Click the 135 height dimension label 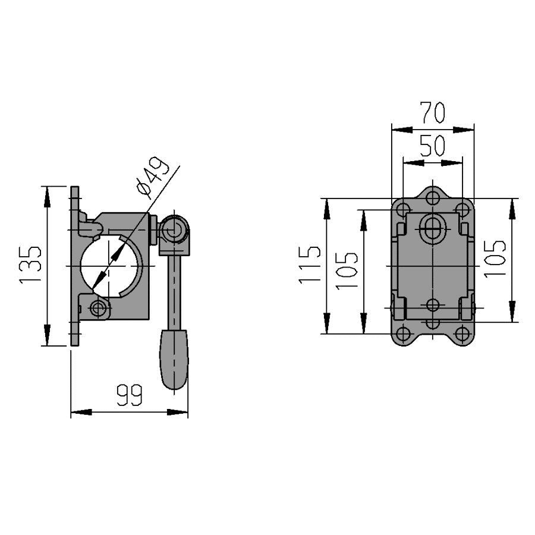click(30, 265)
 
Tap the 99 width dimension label click(130, 395)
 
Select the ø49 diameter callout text click(153, 177)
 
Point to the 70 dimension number click(433, 112)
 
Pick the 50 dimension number click(433, 146)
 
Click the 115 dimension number click(310, 265)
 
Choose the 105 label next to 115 click(347, 271)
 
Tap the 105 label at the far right click(495, 259)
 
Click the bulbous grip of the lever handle click(174, 360)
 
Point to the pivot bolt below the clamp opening click(97, 309)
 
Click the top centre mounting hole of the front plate click(433, 197)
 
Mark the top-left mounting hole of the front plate click(403, 209)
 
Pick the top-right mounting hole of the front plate click(462, 209)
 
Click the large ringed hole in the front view click(433, 228)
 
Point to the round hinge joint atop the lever click(175, 229)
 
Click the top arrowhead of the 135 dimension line click(47, 197)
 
